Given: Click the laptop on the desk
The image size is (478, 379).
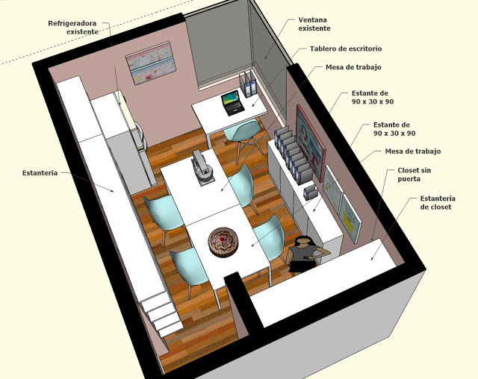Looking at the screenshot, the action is coord(233,103).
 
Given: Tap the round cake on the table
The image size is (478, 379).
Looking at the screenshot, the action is coord(223,242).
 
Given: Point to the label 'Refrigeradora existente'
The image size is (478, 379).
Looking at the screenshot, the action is coord(72,28).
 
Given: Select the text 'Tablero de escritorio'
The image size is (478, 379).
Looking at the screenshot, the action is coord(346,48).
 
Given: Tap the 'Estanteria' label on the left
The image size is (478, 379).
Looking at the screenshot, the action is coord(40,173).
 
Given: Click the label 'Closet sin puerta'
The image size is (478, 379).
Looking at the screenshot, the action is coord(414,175).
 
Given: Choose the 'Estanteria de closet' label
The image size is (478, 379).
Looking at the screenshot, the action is coord(438,202).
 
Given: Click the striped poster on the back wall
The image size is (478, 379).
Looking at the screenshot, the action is coord(151,63).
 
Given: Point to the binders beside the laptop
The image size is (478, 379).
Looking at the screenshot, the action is coord(248,84).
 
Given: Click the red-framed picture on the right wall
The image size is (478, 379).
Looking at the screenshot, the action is coord(311,142).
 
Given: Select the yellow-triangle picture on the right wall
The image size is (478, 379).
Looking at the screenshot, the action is coord(350,218).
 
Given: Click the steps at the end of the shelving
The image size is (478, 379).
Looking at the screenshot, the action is coord(161,313).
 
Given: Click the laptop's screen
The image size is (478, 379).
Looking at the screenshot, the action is coord(230,98).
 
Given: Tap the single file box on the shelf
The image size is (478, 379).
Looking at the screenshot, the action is coord(310,192).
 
